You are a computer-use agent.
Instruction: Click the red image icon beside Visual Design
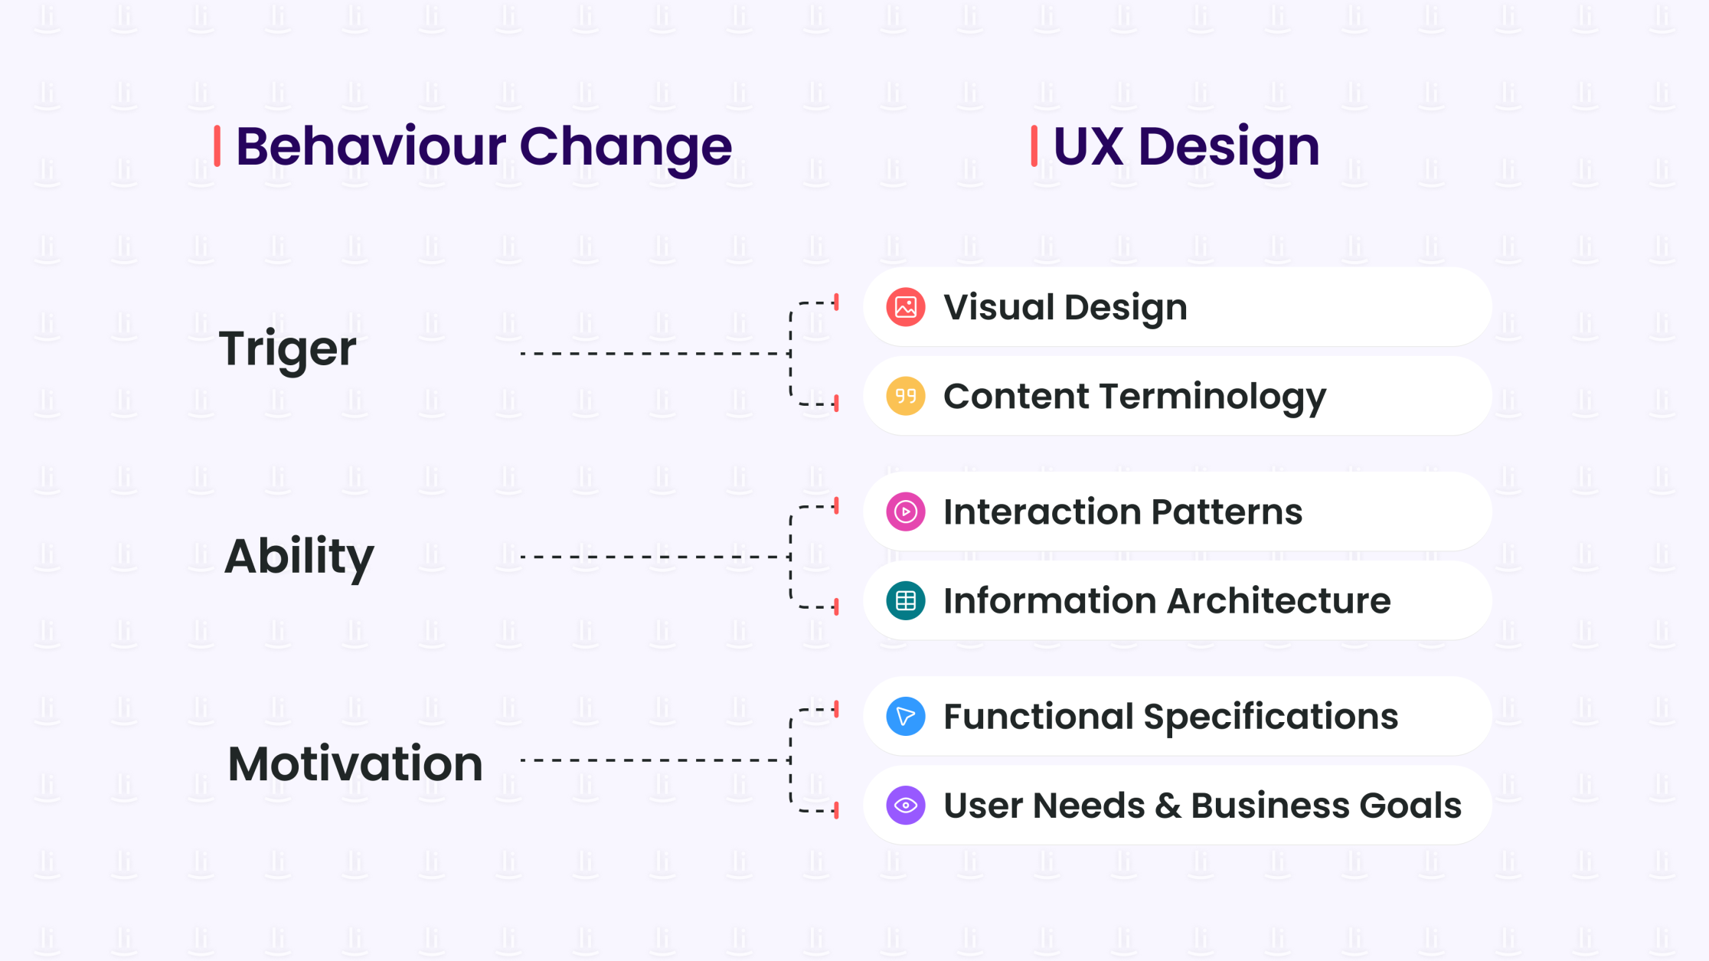pyautogui.click(x=905, y=307)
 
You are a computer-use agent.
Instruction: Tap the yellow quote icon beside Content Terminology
pyautogui.click(x=905, y=396)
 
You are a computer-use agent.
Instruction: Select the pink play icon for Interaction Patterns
pyautogui.click(x=905, y=512)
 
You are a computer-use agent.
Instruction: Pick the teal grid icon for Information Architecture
pyautogui.click(x=905, y=600)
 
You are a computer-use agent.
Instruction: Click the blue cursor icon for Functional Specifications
pyautogui.click(x=905, y=716)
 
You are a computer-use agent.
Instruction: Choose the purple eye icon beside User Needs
pyautogui.click(x=905, y=806)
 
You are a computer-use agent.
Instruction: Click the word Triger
pyautogui.click(x=287, y=349)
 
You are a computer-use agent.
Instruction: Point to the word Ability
pyautogui.click(x=299, y=556)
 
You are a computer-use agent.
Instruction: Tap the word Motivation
pyautogui.click(x=355, y=763)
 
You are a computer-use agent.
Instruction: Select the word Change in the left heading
pyautogui.click(x=626, y=147)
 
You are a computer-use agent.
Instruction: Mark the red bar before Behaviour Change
pyautogui.click(x=217, y=145)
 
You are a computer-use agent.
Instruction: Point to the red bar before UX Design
pyautogui.click(x=1034, y=145)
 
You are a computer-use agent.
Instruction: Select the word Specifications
pyautogui.click(x=1270, y=717)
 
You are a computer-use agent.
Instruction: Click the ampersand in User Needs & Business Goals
pyautogui.click(x=1168, y=806)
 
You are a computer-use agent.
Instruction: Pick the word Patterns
pyautogui.click(x=1226, y=512)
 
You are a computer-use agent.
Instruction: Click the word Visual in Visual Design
pyautogui.click(x=998, y=307)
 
